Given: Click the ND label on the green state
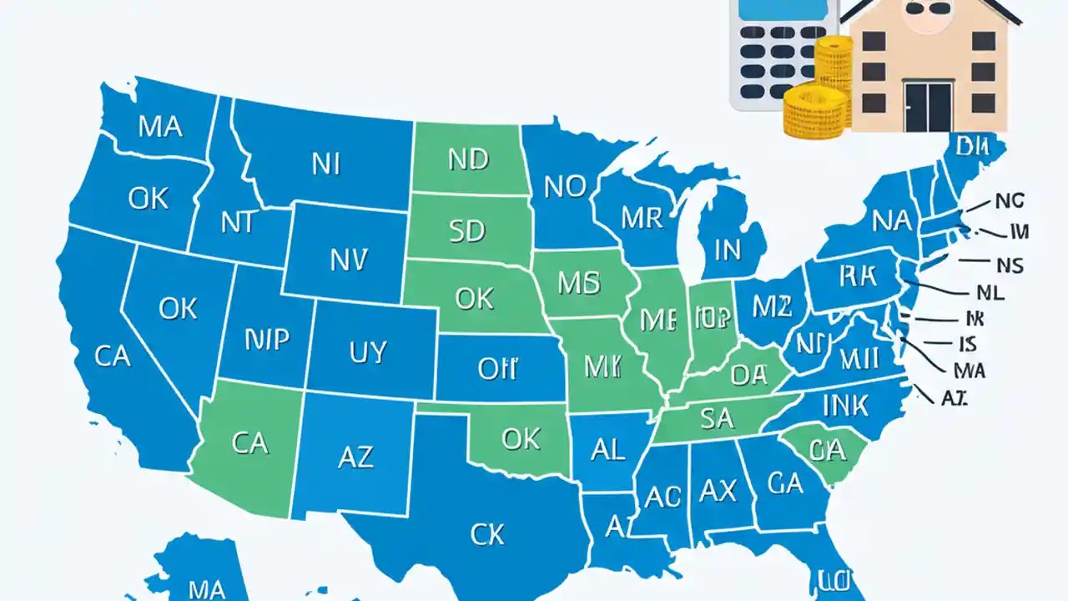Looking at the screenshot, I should coord(467,159).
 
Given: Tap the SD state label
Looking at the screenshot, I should coord(466,231).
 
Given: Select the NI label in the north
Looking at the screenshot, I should coord(325,164).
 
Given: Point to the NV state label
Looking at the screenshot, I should coord(348,261).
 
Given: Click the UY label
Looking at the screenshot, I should coord(368,351).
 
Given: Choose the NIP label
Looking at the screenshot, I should coord(267,338).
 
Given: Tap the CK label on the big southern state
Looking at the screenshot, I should coord(487,534).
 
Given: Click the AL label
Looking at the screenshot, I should coord(607,450).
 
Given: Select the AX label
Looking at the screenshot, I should coord(718,490).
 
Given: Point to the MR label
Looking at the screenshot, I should coord(642,218).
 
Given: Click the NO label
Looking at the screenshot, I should coord(565,187).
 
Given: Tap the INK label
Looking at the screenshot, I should coord(845,406).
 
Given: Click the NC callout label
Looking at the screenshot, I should coord(1009,200).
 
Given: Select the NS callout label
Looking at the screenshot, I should coord(1009,265).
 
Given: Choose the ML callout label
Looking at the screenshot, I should coord(990,292).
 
